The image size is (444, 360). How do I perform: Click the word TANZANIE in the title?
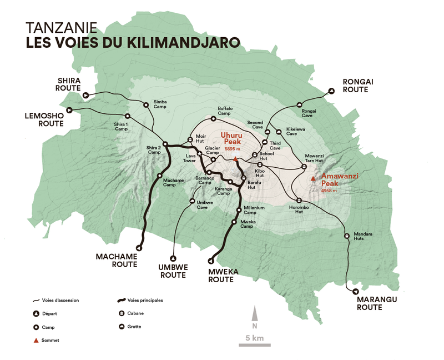(x=61, y=27)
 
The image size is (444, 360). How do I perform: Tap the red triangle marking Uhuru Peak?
(x=235, y=159)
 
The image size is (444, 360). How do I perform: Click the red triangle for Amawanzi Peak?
(x=314, y=178)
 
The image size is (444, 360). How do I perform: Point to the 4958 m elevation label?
(x=329, y=191)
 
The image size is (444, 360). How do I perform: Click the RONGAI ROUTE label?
(x=358, y=86)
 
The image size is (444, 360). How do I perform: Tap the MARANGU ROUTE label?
(x=370, y=303)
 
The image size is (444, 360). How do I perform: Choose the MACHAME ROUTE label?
(x=117, y=261)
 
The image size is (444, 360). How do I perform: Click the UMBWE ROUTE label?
(x=173, y=271)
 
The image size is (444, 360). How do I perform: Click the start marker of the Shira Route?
(x=85, y=95)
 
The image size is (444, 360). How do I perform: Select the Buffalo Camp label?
(x=225, y=111)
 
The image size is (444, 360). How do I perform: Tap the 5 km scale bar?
(x=254, y=344)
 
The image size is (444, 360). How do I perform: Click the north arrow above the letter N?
(x=254, y=313)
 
